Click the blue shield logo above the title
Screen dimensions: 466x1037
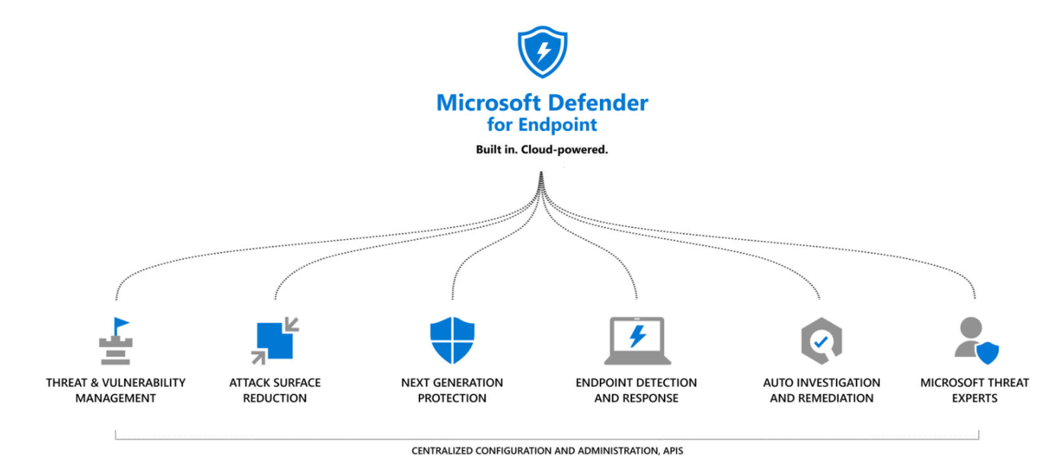coord(541,53)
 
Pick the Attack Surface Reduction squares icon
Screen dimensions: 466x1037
coord(275,341)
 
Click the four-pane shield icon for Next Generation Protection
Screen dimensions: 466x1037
coord(452,340)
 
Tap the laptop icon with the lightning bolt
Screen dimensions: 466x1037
coord(637,340)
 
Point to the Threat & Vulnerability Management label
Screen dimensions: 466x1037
coord(116,390)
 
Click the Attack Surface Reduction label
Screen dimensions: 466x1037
coord(275,390)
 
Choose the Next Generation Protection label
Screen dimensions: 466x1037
coord(452,390)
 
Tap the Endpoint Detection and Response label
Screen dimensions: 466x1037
coord(637,390)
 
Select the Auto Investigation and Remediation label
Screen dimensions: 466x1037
coord(822,390)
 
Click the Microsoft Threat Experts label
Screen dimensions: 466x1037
coord(975,390)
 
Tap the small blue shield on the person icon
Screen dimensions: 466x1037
coord(988,353)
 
